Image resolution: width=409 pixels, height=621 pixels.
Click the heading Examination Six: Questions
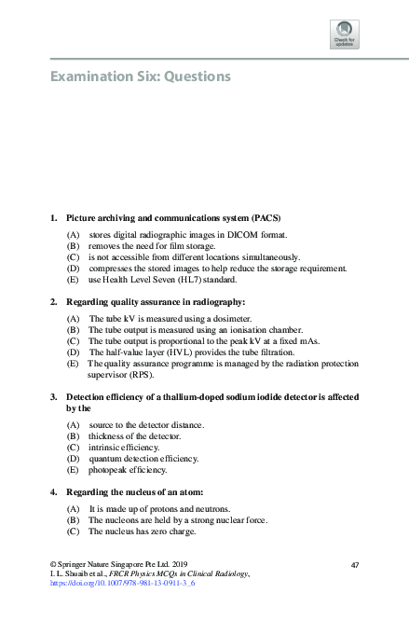pyautogui.click(x=140, y=76)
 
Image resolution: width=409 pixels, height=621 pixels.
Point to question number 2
pyautogui.click(x=54, y=301)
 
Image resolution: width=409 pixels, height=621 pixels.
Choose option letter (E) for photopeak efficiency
pyautogui.click(x=73, y=470)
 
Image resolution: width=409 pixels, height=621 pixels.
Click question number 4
pyautogui.click(x=54, y=491)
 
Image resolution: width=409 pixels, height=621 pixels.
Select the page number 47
pyautogui.click(x=354, y=566)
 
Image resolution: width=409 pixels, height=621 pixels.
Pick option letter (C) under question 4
pyautogui.click(x=73, y=531)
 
